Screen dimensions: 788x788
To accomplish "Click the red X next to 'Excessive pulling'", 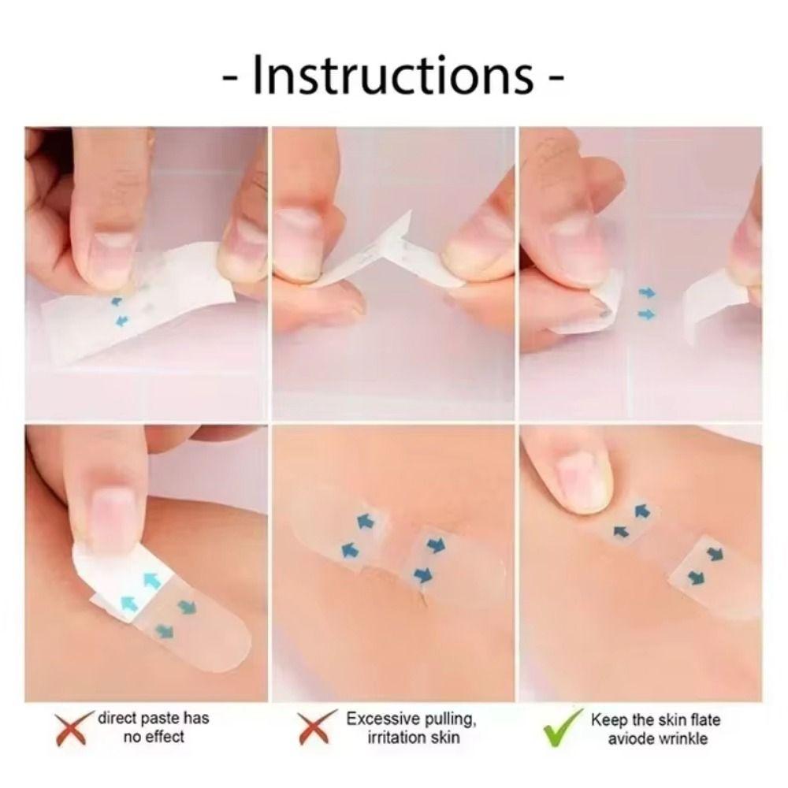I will (313, 729).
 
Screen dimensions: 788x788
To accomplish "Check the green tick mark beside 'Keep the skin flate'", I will (561, 730).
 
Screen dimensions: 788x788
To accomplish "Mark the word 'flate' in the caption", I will (704, 719).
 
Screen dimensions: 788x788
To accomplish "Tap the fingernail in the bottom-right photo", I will (584, 473).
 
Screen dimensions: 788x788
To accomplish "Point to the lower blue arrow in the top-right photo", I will (646, 314).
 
